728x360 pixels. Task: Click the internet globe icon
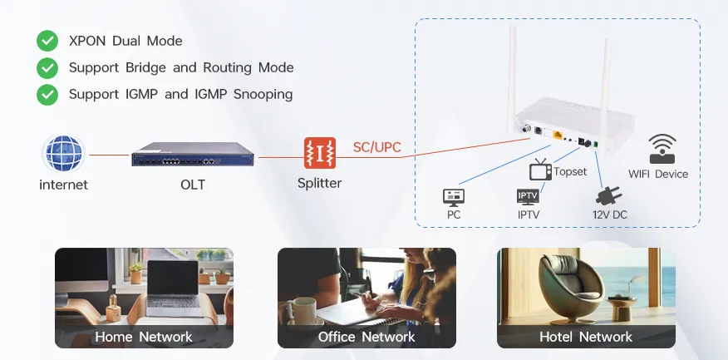pos(64,155)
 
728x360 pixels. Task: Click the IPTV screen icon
pos(528,197)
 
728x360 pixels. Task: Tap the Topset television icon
pos(541,170)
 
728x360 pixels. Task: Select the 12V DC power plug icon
pos(609,195)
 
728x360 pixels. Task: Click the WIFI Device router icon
pos(662,150)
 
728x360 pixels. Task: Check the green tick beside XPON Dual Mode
pos(47,41)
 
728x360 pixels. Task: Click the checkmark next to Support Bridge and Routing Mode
pos(47,67)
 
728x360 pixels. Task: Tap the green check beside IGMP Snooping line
pos(47,94)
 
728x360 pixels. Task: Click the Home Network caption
pos(144,337)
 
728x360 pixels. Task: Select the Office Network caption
pos(366,337)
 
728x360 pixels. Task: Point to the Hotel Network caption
pos(586,337)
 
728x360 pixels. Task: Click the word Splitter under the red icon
pos(320,184)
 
